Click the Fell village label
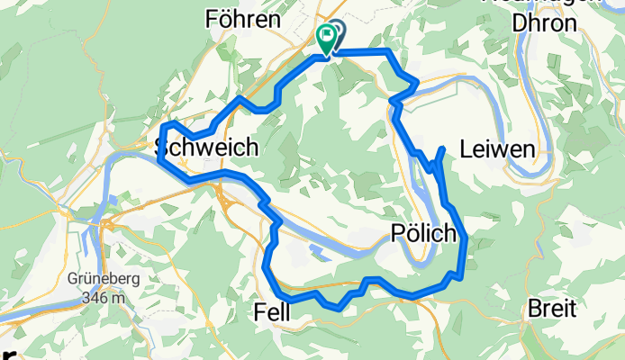coord(274,312)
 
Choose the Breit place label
coord(551,309)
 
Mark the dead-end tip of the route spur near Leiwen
coord(442,147)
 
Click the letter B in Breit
coord(532,309)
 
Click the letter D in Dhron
coord(518,23)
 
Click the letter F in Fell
coord(258,312)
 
